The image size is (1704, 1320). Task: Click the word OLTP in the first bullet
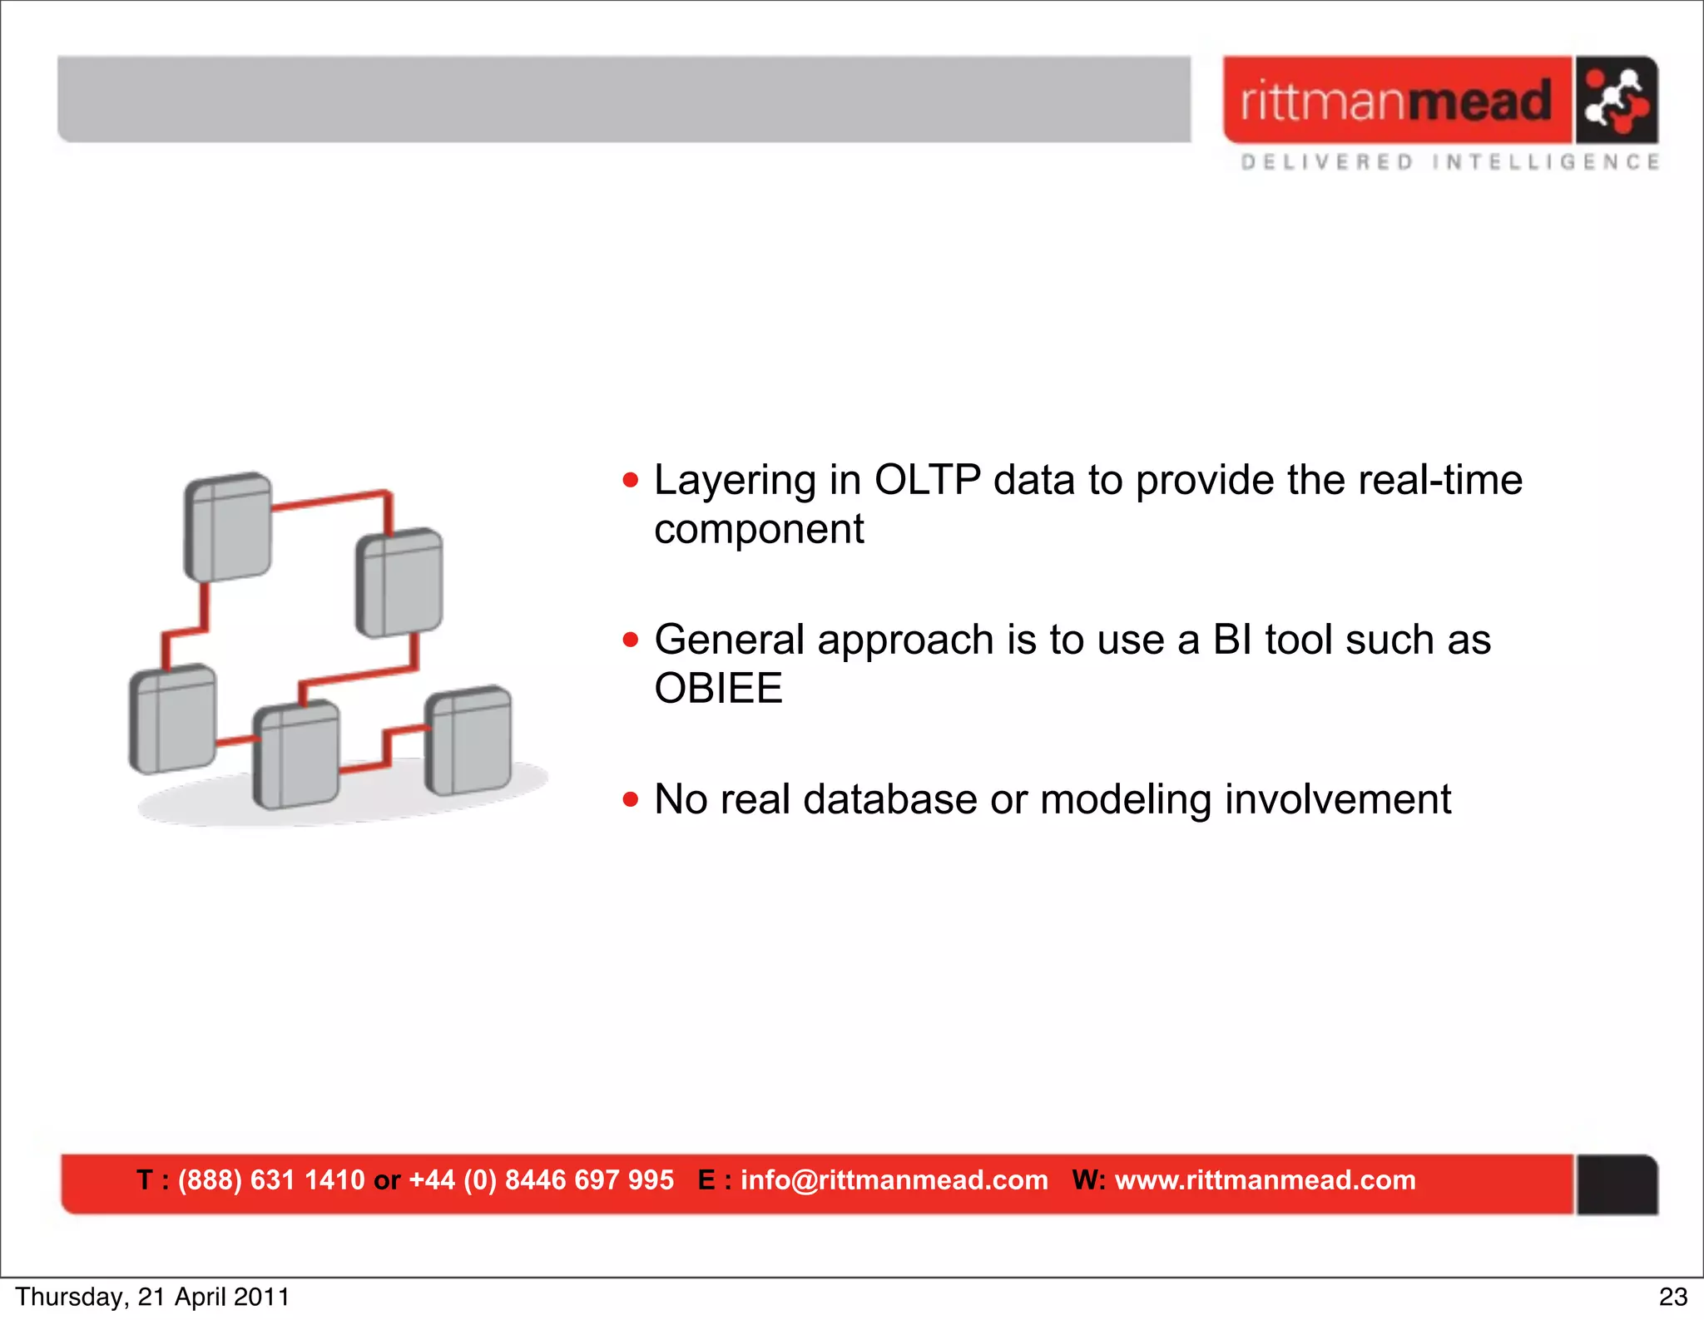pyautogui.click(x=927, y=480)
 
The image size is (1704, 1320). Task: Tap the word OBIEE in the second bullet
pyautogui.click(x=718, y=689)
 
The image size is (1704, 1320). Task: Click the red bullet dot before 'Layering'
pyautogui.click(x=631, y=480)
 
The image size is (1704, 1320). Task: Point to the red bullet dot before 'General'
pyautogui.click(x=631, y=640)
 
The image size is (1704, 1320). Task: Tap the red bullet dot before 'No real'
pyautogui.click(x=631, y=799)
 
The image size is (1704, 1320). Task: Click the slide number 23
pyautogui.click(x=1672, y=1297)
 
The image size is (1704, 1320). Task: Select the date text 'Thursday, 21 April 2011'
pyautogui.click(x=152, y=1297)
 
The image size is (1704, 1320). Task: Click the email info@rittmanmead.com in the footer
pyautogui.click(x=894, y=1179)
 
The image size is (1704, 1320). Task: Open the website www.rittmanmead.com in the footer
pyautogui.click(x=1265, y=1179)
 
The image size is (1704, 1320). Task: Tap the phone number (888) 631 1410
pyautogui.click(x=271, y=1179)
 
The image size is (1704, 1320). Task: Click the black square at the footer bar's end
pyautogui.click(x=1617, y=1184)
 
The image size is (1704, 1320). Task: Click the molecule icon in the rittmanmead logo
pyautogui.click(x=1616, y=101)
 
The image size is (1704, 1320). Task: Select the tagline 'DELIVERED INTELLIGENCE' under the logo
pyautogui.click(x=1450, y=161)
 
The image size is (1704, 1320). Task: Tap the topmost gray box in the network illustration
pyautogui.click(x=228, y=527)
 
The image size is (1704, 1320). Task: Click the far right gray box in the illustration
pyautogui.click(x=468, y=740)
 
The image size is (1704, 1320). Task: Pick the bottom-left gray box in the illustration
pyautogui.click(x=173, y=719)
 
